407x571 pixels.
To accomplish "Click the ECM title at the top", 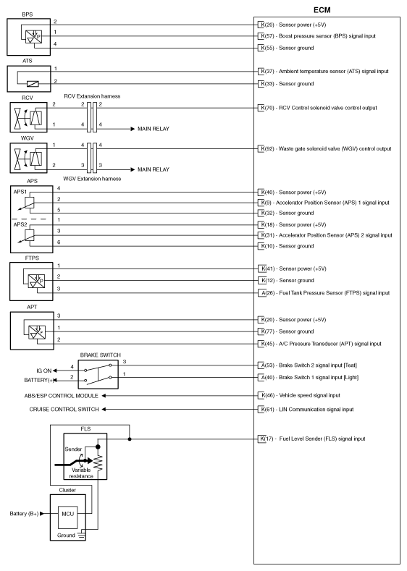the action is (322, 10).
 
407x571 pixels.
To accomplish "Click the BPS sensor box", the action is (28, 37).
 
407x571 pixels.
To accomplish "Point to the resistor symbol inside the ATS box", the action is (33, 84).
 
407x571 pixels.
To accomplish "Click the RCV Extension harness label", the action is (92, 96).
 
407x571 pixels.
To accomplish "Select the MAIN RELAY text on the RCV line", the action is (154, 129).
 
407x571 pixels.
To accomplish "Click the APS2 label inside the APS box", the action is (20, 224).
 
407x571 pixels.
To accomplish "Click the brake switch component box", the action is (98, 374).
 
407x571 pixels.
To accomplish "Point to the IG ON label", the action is (43, 371).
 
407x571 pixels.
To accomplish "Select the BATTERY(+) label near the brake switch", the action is (39, 380).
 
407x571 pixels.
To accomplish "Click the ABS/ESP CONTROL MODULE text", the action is (62, 396).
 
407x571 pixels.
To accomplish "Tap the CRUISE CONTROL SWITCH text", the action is (64, 410).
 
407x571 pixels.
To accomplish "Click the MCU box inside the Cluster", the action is (67, 514).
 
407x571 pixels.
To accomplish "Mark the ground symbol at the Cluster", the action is (82, 535).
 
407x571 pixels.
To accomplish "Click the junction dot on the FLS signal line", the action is (130, 439).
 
